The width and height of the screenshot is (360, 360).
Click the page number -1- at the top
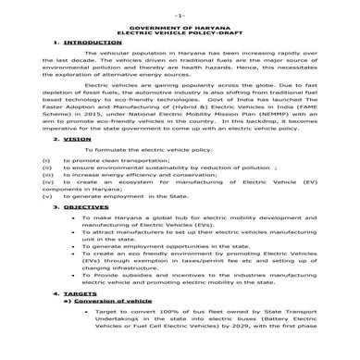point(179,17)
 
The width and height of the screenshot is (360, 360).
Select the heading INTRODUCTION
point(90,44)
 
